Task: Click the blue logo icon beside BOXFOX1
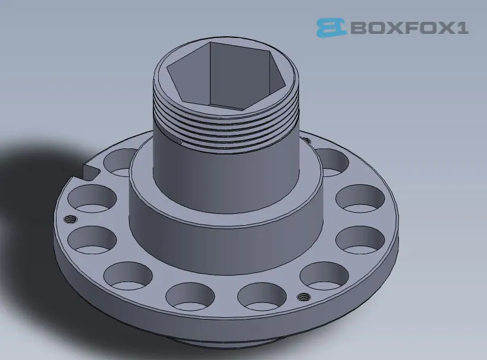tap(331, 27)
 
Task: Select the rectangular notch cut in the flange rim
tap(89, 172)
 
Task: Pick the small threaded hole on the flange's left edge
tap(70, 219)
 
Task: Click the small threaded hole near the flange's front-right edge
tap(303, 296)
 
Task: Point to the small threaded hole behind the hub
tap(306, 141)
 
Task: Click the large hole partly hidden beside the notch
tap(119, 162)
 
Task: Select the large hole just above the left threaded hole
tap(92, 200)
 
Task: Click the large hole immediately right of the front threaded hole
tap(323, 277)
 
